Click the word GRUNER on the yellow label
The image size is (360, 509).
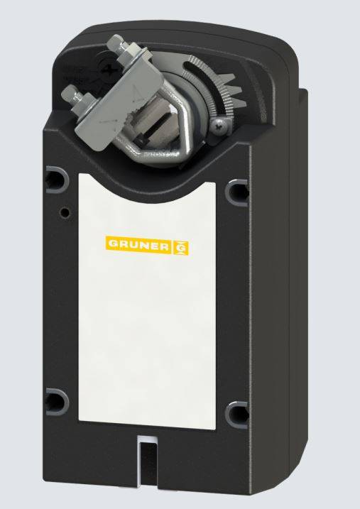click(x=138, y=246)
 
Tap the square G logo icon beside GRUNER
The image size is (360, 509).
click(x=183, y=246)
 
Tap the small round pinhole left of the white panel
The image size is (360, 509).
click(x=65, y=212)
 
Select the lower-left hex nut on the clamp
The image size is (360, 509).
click(x=77, y=93)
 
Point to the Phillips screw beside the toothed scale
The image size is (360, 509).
click(x=219, y=126)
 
